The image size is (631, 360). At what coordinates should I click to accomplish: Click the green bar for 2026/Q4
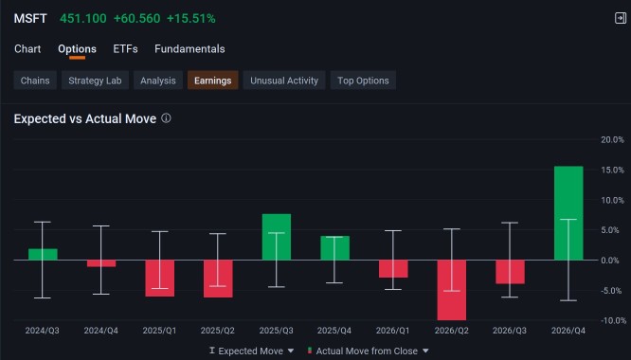click(x=568, y=213)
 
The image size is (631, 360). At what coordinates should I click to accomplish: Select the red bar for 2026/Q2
click(x=452, y=290)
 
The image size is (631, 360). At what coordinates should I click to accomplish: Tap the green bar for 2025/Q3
click(x=277, y=237)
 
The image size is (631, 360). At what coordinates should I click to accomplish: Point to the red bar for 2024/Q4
click(x=101, y=263)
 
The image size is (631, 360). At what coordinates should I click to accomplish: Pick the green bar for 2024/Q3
click(x=43, y=254)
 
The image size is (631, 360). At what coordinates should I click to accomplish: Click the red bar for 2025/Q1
click(x=160, y=279)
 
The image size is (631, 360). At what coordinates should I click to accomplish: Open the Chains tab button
click(x=35, y=81)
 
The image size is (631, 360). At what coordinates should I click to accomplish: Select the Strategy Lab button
click(x=95, y=81)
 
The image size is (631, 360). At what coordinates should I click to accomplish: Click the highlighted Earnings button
click(x=213, y=81)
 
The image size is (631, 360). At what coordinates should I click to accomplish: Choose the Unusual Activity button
click(x=284, y=81)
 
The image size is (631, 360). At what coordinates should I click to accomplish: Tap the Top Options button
click(x=363, y=81)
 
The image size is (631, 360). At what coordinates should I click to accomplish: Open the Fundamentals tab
click(x=189, y=49)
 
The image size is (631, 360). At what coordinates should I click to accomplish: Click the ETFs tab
click(x=125, y=49)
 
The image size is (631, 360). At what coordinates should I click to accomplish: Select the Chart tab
click(x=27, y=49)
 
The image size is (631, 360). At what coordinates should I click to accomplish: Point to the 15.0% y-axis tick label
click(x=612, y=171)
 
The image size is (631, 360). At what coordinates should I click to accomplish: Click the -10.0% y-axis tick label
click(x=612, y=320)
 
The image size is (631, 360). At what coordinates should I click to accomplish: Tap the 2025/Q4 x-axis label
click(x=334, y=331)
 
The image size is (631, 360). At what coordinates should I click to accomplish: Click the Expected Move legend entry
click(x=251, y=351)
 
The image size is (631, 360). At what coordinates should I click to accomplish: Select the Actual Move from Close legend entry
click(x=368, y=351)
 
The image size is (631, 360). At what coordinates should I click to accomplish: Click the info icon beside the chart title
click(x=166, y=118)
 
